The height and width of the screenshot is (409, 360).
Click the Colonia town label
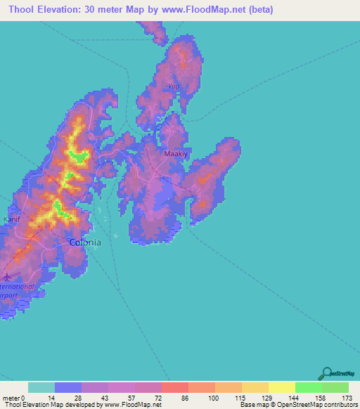pos(84,242)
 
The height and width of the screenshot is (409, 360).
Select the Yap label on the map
pos(174,86)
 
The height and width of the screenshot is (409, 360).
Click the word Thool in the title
pos(24,10)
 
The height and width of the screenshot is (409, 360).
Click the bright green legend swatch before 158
pos(308,387)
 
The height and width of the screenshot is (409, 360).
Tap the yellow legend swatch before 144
pos(281,387)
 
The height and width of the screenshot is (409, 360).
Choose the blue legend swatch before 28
pos(68,387)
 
